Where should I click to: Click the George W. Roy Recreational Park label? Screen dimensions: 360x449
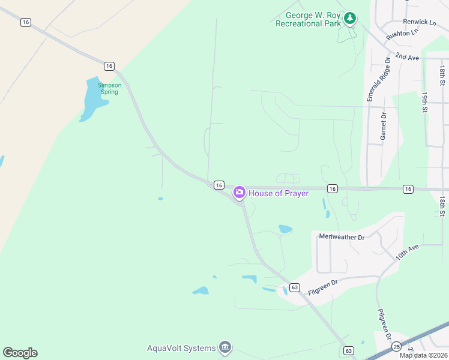[x=308, y=19]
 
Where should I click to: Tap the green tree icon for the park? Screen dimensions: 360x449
[x=350, y=19]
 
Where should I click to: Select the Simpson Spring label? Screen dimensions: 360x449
[x=110, y=89]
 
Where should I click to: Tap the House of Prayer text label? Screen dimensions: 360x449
[x=279, y=193]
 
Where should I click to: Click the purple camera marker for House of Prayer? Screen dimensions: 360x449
[x=239, y=193]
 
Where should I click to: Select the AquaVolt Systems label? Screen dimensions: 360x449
[x=181, y=348]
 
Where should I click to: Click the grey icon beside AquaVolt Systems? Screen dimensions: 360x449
[x=225, y=347]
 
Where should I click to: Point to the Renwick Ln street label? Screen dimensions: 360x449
[x=420, y=22]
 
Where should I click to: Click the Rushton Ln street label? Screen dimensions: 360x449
[x=402, y=35]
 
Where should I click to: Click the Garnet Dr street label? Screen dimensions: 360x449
[x=383, y=126]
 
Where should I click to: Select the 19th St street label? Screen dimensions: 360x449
[x=424, y=102]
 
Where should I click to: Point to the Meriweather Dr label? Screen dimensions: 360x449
[x=342, y=237]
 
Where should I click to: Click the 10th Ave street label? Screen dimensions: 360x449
[x=407, y=251]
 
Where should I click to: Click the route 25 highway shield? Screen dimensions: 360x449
[x=396, y=347]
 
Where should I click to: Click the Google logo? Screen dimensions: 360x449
[x=20, y=353]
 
